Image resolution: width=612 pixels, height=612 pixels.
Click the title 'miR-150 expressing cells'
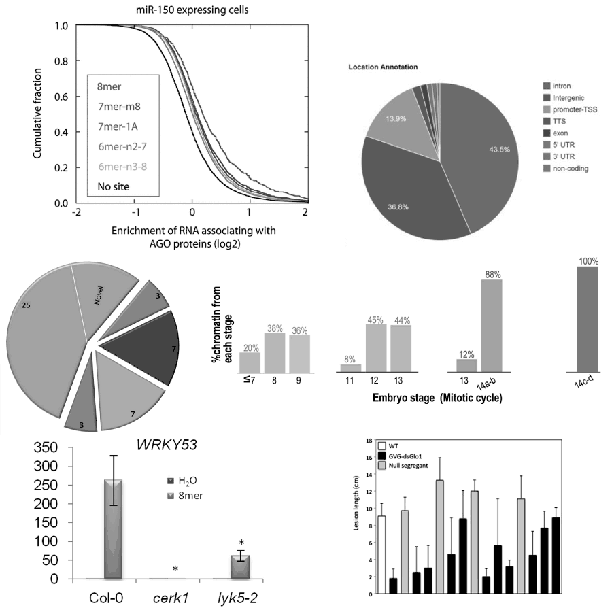pyautogui.click(x=193, y=9)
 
